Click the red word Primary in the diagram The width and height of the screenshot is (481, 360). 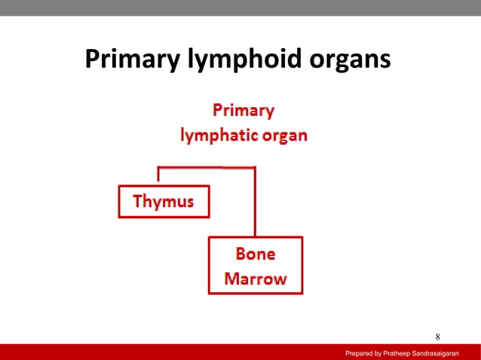(x=243, y=111)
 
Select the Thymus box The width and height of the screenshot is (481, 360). (x=164, y=202)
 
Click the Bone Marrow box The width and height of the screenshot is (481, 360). (x=256, y=265)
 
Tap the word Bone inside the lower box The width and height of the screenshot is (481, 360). (x=256, y=255)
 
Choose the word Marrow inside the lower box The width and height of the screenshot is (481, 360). (x=256, y=278)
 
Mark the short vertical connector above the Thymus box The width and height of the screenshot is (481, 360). (x=158, y=175)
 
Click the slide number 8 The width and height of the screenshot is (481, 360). (x=437, y=336)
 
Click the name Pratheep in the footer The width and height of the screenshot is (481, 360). (x=403, y=352)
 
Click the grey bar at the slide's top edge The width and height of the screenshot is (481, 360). (x=240, y=7)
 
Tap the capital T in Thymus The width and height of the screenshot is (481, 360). (x=138, y=202)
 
